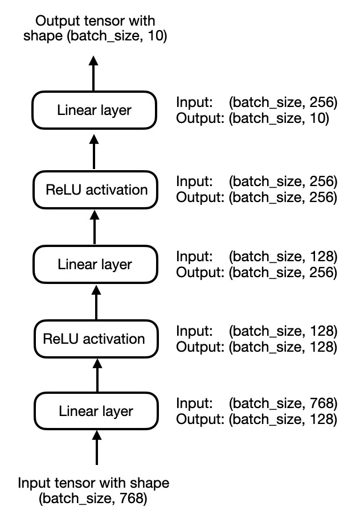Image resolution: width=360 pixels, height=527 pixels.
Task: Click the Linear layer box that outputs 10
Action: (95, 110)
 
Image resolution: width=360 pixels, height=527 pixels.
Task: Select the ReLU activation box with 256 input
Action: (95, 190)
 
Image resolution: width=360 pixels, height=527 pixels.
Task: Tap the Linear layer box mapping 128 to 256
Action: (95, 264)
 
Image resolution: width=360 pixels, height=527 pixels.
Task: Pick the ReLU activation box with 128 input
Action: (95, 339)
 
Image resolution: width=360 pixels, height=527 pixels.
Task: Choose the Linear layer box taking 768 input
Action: (95, 411)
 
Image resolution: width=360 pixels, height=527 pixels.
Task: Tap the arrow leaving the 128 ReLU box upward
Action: (95, 302)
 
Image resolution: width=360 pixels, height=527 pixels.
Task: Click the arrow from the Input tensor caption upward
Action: (96, 450)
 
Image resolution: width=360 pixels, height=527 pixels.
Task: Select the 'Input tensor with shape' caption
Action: (93, 491)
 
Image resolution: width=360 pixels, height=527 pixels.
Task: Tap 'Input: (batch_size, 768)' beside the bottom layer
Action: (257, 404)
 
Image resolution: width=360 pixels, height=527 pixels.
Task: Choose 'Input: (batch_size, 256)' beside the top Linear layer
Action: (257, 103)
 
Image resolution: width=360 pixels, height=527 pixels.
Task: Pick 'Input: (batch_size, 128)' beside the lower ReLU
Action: (257, 331)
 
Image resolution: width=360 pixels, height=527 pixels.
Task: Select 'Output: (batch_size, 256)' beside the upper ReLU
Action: (257, 198)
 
